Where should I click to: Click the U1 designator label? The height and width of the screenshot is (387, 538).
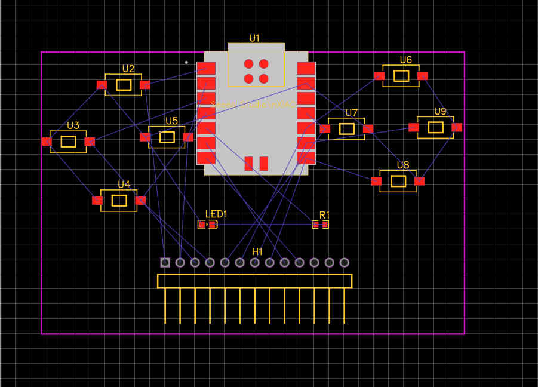tap(254, 38)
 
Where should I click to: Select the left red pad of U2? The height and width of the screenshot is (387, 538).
tap(102, 85)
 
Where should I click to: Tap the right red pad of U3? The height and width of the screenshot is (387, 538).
tap(90, 142)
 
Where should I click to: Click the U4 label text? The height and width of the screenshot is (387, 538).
tap(124, 184)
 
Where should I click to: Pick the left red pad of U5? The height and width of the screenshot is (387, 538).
tap(145, 137)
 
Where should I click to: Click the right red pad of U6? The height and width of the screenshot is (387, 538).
tap(423, 76)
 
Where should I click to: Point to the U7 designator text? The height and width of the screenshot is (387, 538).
tap(351, 113)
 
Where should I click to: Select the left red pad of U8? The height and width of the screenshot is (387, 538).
tap(376, 181)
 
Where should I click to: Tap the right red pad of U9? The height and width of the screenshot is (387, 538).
tap(457, 127)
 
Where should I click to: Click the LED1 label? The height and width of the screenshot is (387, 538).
tap(216, 214)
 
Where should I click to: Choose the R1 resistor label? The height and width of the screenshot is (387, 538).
tap(324, 215)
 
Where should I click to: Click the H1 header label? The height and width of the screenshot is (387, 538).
tap(257, 251)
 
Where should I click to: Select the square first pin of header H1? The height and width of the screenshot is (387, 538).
tap(165, 262)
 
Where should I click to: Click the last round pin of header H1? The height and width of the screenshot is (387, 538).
tap(344, 262)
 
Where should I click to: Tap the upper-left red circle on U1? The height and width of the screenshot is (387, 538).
tap(248, 64)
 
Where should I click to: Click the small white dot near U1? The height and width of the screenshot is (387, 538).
tap(186, 62)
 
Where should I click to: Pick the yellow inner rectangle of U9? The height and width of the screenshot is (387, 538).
tap(436, 127)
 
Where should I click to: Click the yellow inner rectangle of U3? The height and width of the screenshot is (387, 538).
tap(69, 142)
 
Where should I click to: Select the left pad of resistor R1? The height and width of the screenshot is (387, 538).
tap(316, 225)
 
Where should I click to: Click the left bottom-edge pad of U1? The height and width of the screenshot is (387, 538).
tap(248, 164)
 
